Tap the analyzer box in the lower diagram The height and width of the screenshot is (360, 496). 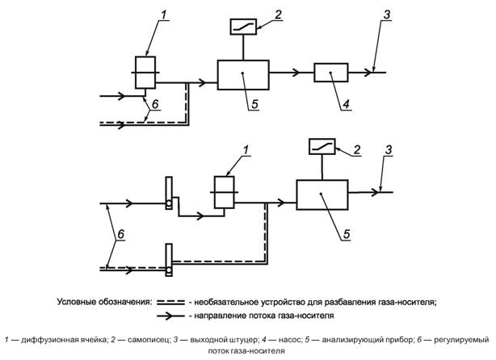click(x=322, y=195)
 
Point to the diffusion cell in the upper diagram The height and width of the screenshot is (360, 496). click(x=145, y=72)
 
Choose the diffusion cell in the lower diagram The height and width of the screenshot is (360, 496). click(x=223, y=194)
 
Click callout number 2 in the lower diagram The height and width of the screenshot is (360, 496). click(x=352, y=150)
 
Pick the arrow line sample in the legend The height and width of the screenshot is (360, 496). click(x=174, y=316)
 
